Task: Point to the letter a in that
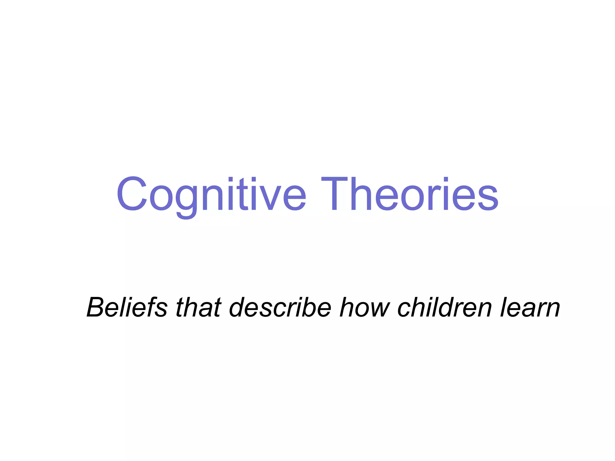[205, 309]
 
